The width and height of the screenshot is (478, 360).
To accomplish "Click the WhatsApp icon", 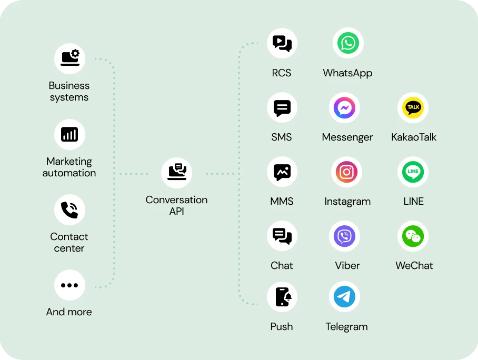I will click(x=347, y=43).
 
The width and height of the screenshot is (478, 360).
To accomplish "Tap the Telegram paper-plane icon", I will click(x=344, y=297).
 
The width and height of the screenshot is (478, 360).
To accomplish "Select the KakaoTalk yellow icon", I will click(x=413, y=107).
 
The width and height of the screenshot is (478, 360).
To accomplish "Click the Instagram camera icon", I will click(x=346, y=172).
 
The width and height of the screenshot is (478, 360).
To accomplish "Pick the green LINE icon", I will click(x=413, y=172).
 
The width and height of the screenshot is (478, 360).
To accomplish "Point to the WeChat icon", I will click(x=413, y=236).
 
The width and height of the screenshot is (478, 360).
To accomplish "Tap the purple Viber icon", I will click(x=344, y=236).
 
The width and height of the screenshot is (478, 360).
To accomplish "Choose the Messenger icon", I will click(x=344, y=108).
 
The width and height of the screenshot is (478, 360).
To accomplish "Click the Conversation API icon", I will click(x=176, y=172).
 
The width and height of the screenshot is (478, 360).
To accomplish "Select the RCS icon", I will click(x=282, y=43).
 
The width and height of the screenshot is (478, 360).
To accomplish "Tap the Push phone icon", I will click(x=282, y=297).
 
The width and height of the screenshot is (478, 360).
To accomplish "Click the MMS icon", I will click(x=282, y=172).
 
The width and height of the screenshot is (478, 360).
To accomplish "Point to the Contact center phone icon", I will click(x=69, y=209).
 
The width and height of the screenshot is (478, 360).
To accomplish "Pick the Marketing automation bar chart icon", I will click(x=69, y=134).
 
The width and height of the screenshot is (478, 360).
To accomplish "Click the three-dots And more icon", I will click(x=69, y=285).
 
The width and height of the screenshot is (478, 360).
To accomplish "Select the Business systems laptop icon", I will click(x=69, y=57).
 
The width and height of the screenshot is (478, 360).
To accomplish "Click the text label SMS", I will click(x=282, y=137).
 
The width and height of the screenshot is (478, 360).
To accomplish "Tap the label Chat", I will click(x=282, y=266).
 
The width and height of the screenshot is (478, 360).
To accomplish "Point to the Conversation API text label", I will click(x=176, y=206).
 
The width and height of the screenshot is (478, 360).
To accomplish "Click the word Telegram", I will click(x=346, y=327).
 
